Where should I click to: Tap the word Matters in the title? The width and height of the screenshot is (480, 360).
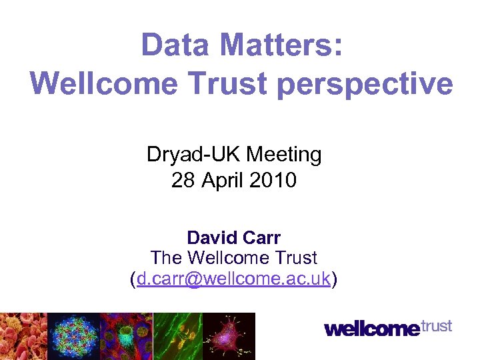pos(279,46)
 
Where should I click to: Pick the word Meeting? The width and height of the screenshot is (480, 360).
pos(284,155)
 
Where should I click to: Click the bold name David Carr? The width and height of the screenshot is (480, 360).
pos(233,238)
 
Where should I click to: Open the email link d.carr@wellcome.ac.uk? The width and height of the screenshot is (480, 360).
pos(233,279)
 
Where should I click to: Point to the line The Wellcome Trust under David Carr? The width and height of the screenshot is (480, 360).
pos(233,257)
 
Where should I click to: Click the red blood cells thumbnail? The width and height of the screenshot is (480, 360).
pos(23,336)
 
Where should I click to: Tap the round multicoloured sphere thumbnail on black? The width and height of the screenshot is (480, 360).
pos(74,336)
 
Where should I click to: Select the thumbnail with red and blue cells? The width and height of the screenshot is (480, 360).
pos(126,336)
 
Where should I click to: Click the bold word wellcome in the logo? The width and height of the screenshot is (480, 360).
pos(373,329)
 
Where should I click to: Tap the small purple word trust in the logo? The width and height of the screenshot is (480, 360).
pos(437,326)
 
